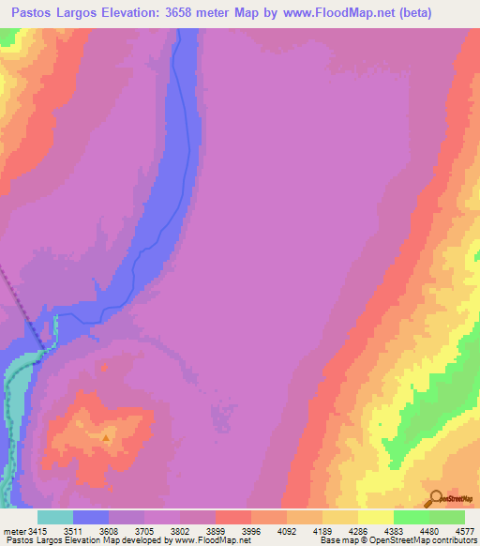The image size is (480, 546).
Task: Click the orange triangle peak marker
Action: point(106,436)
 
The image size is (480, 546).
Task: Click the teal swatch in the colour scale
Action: point(55,517)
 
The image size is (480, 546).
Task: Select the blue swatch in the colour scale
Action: point(91,517)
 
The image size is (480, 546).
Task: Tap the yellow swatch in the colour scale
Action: point(376,517)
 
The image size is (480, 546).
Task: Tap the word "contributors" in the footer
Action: point(453,540)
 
